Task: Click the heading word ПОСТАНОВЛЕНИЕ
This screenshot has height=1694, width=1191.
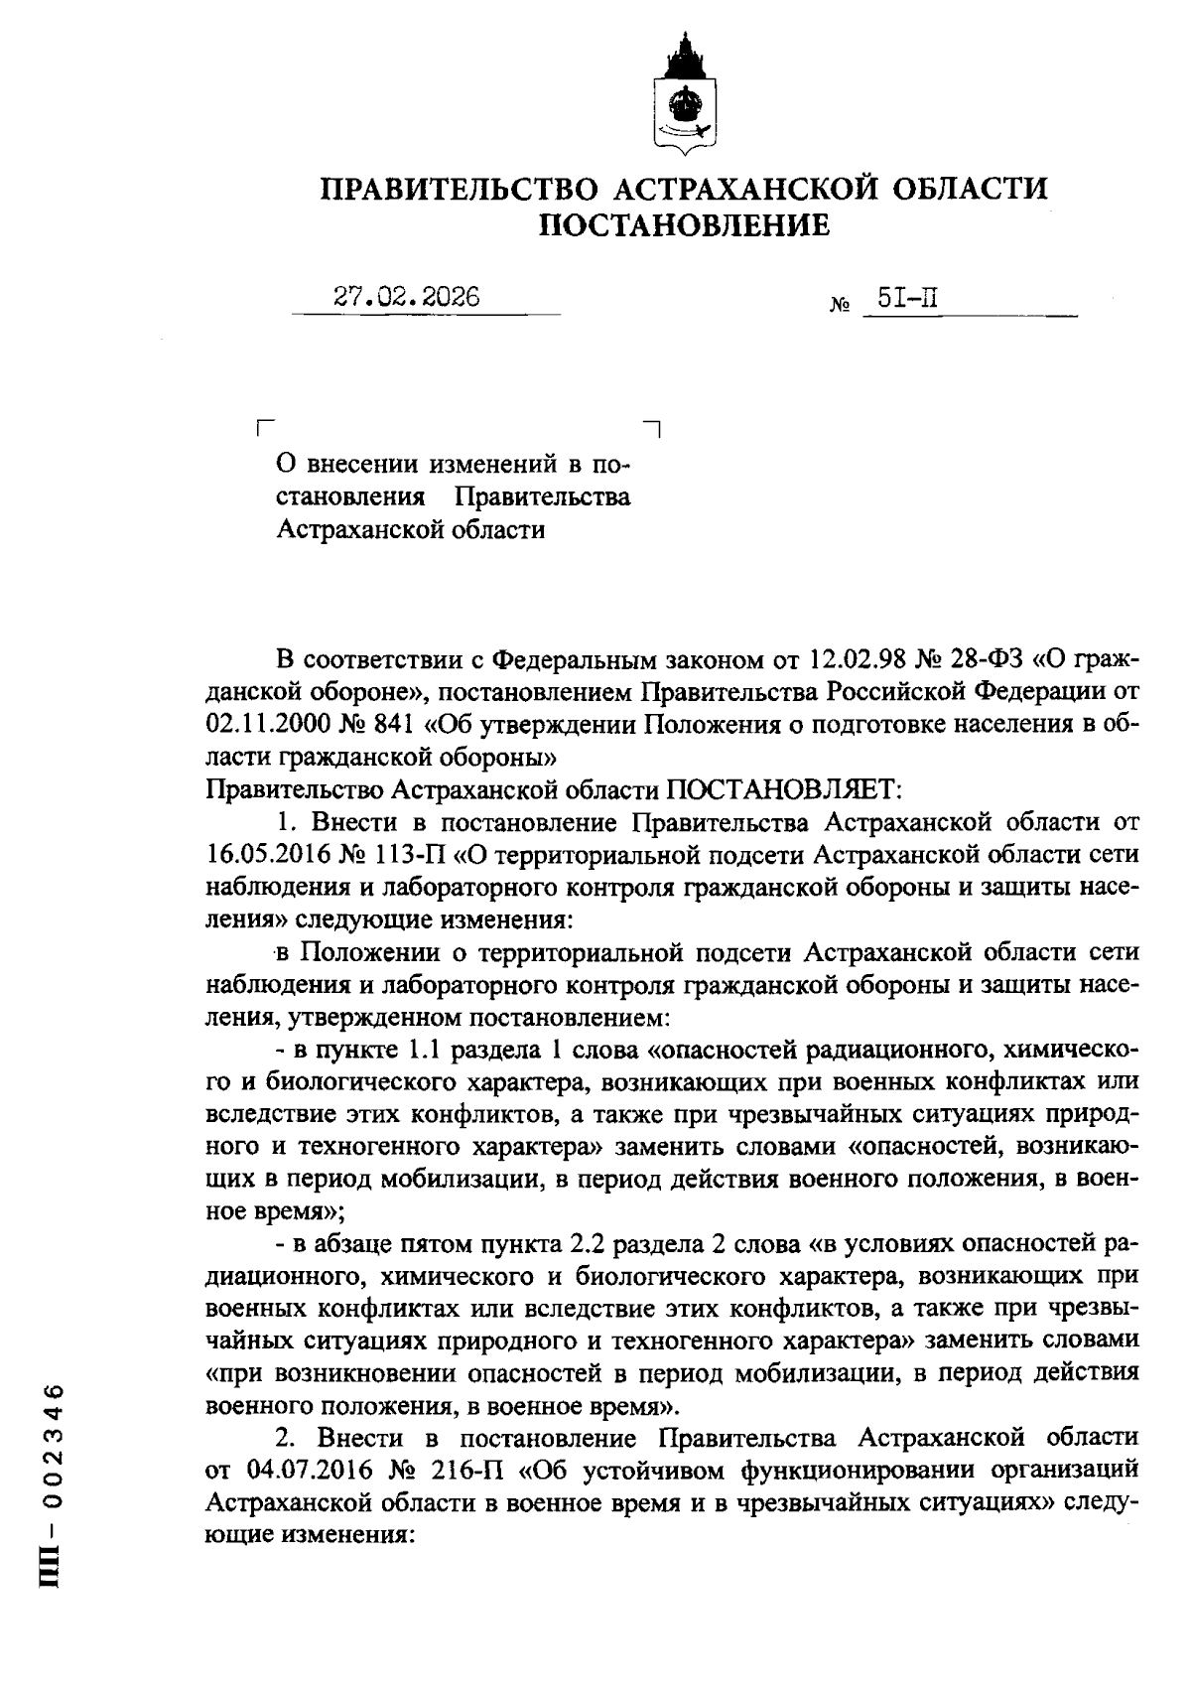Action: [x=684, y=226]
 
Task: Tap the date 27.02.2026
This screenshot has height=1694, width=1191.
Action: [x=407, y=297]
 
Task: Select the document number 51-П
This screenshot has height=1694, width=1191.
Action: [x=908, y=297]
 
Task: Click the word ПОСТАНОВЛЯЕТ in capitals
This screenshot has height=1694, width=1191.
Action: [x=781, y=790]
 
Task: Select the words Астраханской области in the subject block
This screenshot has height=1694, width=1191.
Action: [x=410, y=529]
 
